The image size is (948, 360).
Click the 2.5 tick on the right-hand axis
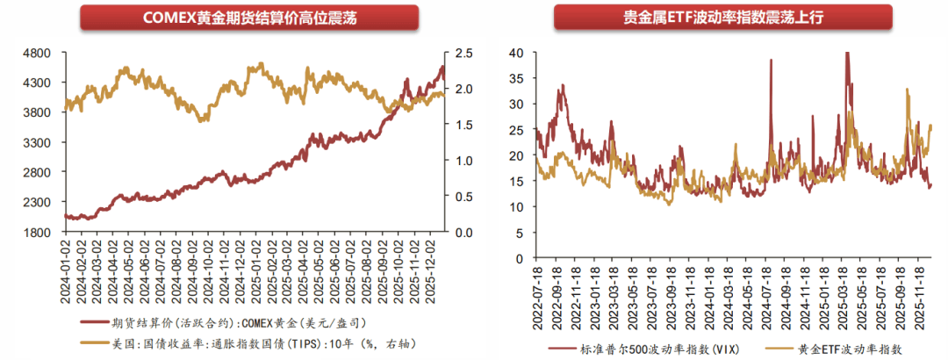point(464,53)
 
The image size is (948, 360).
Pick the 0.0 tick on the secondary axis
point(464,233)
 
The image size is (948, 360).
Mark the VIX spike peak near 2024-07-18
point(771,60)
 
